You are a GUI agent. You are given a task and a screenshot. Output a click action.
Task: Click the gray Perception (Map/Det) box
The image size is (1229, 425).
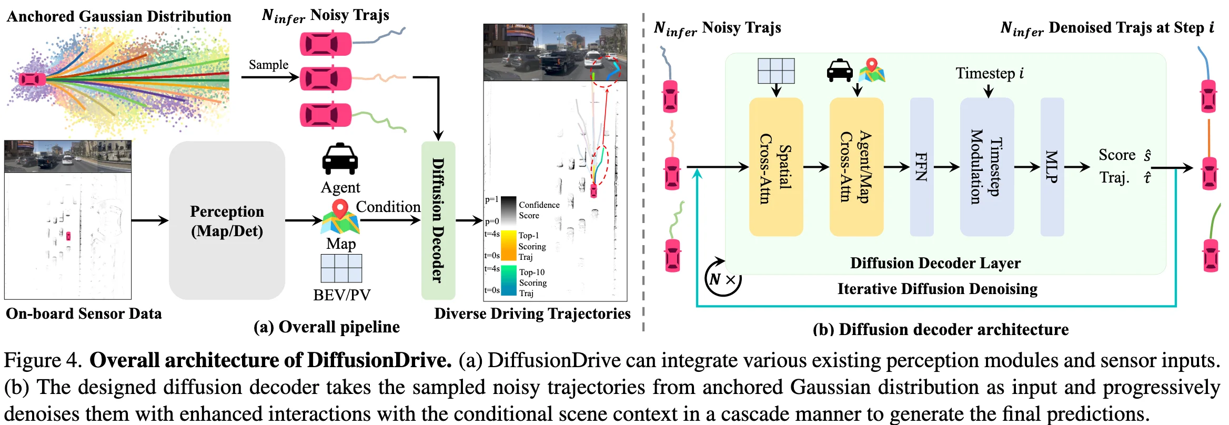coord(227,220)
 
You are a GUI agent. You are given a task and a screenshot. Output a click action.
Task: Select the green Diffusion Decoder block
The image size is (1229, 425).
coord(438,220)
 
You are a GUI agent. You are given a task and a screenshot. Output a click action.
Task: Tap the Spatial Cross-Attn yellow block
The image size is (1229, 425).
coord(775,167)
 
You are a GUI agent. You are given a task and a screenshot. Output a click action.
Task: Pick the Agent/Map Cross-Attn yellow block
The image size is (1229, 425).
coord(856,167)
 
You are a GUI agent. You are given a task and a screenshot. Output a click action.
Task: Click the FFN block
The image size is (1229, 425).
coord(921,167)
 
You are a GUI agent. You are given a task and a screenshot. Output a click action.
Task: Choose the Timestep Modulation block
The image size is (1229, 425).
coord(986,167)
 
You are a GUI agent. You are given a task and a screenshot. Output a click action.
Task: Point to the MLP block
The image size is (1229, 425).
coord(1052,167)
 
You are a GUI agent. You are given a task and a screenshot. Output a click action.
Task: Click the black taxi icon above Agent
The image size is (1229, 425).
coord(340,159)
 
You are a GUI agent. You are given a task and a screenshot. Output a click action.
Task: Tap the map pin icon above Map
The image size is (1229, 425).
coord(340,217)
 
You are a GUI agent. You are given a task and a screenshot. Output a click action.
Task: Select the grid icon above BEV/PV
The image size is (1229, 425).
coord(341,268)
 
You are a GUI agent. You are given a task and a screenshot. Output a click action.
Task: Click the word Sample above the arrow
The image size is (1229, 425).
coord(268,65)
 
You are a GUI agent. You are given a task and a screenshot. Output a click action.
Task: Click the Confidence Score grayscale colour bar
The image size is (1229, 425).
coord(508,211)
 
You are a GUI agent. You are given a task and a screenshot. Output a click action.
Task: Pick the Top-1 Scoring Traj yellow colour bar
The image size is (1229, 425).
coord(508,246)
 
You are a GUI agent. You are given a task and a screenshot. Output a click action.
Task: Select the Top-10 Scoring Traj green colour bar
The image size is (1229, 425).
coord(508,280)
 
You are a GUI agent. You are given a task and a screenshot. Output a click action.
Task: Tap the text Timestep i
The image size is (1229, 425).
coord(989,73)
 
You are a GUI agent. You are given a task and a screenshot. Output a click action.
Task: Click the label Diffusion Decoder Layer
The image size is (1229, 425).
coord(935,263)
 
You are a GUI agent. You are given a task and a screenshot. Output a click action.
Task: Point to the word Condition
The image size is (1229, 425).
coord(388,207)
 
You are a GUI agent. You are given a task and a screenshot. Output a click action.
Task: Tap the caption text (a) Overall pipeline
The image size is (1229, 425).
coord(326,327)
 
